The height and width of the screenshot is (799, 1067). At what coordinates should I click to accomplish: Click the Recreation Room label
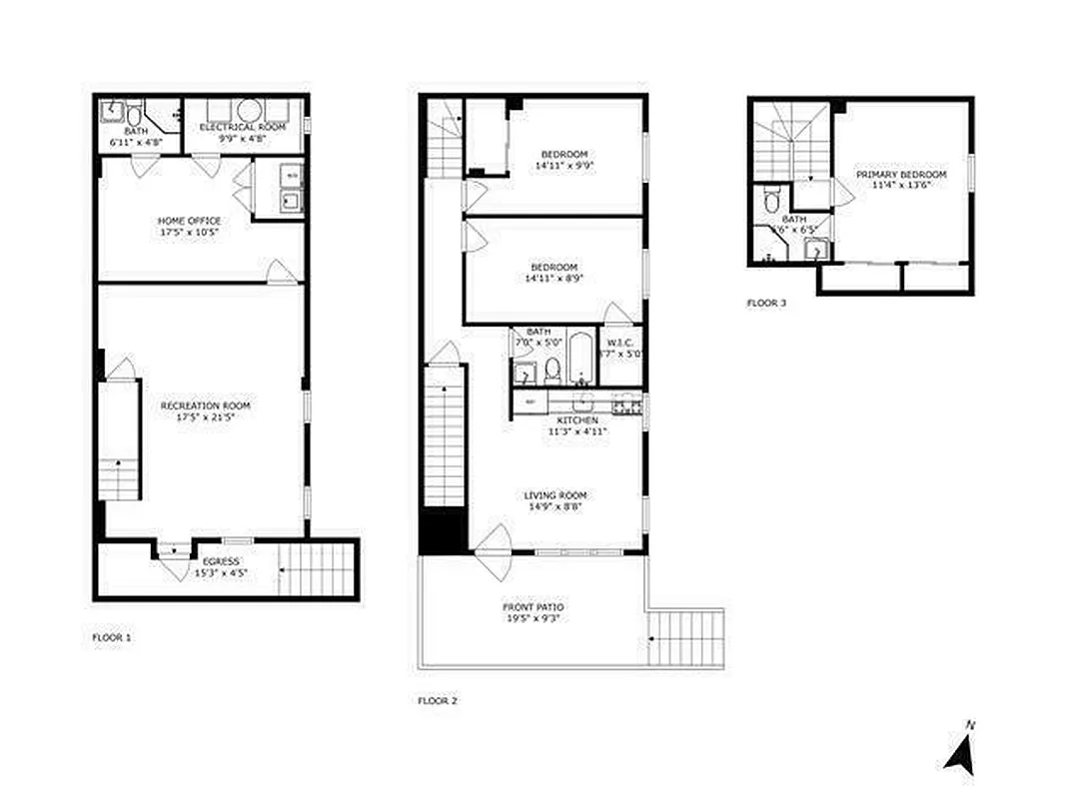pos(205,405)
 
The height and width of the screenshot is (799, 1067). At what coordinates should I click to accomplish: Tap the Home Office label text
pos(189,221)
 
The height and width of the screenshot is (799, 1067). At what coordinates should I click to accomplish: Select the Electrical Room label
pos(243,128)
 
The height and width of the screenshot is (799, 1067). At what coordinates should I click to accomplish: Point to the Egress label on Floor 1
pos(221,561)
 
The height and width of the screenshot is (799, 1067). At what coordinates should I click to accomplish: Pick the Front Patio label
pos(533,607)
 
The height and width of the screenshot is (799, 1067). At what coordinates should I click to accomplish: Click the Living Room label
pos(554,495)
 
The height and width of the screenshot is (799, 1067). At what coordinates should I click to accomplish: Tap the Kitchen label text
pos(576,421)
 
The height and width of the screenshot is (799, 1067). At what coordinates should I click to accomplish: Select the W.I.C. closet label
pos(619,341)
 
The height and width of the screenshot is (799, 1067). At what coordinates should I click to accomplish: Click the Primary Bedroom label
pos(893,175)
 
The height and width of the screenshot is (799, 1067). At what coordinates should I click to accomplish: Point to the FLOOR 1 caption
pos(111,636)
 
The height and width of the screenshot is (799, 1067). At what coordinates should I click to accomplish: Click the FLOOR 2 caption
pos(437,701)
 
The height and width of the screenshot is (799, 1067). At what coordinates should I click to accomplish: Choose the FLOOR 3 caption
pos(766,303)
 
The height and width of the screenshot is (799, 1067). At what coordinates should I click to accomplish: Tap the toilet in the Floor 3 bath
pos(767,201)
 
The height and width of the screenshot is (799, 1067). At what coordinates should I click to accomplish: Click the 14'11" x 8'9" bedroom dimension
pos(553,279)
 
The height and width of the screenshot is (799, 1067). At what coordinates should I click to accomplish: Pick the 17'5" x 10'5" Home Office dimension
pos(189,232)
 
